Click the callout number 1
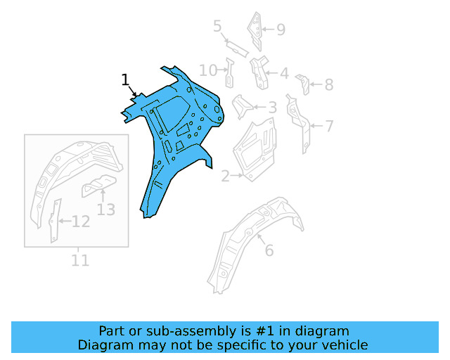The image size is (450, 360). pos(125,80)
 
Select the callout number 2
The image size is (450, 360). pos(226,176)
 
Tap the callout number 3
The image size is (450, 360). pos(272,108)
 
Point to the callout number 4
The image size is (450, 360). pos(283,73)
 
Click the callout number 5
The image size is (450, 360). pos(217,27)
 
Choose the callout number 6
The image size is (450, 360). pos(269,250)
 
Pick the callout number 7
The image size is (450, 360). pos(329,127)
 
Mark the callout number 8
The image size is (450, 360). pos(328,85)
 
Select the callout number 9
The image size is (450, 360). pos(281,30)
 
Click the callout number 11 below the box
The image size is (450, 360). pos(80,260)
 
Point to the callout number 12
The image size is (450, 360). pos(81,222)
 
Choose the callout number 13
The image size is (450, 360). pos(105,209)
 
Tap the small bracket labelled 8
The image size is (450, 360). pos(303,82)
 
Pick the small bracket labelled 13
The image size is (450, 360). pos(97,186)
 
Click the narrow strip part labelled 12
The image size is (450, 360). pos(55,220)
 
